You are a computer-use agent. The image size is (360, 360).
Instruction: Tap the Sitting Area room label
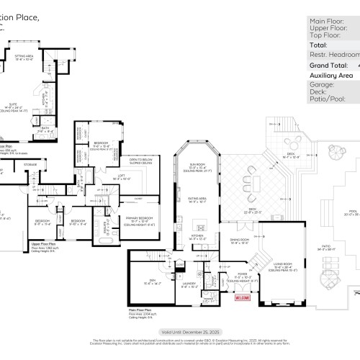(x=45, y=56)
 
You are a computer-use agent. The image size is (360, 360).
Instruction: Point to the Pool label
(x=351, y=214)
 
